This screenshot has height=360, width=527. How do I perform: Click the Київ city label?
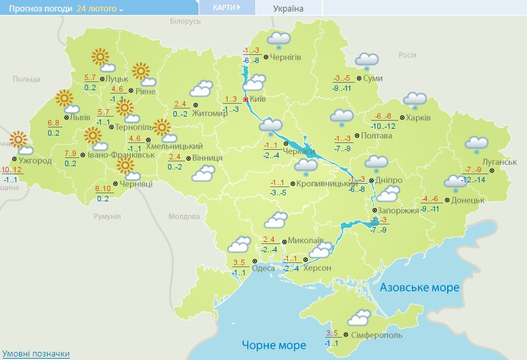257,100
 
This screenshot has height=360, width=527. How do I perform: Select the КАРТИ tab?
226,7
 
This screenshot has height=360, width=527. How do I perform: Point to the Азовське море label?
419,288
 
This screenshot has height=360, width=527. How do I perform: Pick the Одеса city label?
263,268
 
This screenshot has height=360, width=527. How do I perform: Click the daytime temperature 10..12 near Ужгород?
12,169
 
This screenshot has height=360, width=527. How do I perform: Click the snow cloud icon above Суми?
366,60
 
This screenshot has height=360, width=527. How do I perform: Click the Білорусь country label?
186,22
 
